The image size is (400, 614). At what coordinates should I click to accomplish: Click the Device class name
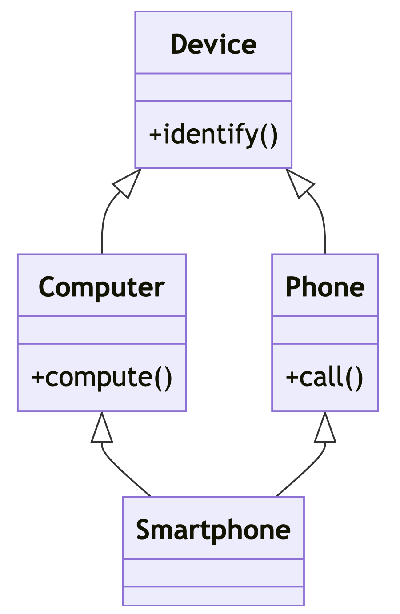point(213,44)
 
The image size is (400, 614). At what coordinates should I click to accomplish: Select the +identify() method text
point(213,134)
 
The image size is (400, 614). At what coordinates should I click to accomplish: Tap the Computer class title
point(102,287)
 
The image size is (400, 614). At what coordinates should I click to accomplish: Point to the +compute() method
point(102,377)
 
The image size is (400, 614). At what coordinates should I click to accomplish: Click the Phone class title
point(325,287)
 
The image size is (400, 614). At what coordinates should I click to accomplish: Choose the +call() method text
point(325,377)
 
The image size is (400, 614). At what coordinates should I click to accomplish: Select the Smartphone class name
point(213,530)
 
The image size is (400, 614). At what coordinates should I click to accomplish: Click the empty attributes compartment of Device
point(213,87)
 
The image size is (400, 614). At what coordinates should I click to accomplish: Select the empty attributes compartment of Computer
point(102,330)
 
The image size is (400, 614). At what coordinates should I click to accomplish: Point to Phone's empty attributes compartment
point(325,330)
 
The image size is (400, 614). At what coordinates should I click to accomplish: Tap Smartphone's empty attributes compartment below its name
point(213,573)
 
